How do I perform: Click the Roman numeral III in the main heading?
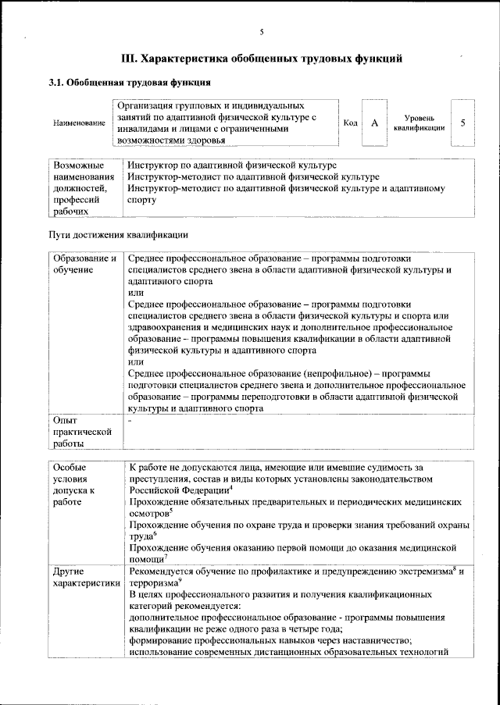130,58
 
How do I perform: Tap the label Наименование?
79,124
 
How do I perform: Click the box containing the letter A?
374,123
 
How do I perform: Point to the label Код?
351,123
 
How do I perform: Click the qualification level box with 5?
463,123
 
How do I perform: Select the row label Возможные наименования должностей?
82,188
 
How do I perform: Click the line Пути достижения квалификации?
118,235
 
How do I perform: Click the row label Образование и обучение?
84,264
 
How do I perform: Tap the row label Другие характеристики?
84,578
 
